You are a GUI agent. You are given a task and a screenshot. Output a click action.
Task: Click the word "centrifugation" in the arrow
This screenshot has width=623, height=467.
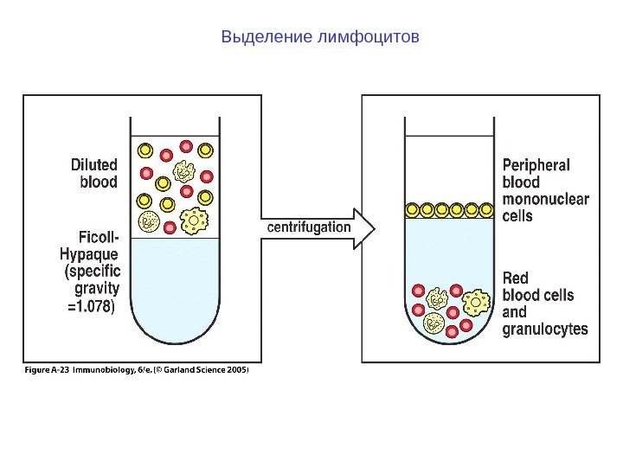pos(309,227)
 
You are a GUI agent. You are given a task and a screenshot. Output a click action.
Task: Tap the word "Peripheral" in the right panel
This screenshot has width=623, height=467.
pos(536,165)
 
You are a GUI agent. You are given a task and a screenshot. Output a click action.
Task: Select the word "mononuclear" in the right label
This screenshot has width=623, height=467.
pos(546,200)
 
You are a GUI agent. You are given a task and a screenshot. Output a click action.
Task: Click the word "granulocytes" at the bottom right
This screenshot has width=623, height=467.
pos(545,329)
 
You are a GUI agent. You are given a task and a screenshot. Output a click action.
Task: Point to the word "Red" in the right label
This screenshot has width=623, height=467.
pos(516,278)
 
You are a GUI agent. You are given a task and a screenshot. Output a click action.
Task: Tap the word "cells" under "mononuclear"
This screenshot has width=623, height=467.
pos(518,216)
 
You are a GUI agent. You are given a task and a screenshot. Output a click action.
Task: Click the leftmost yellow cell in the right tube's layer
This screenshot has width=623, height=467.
pos(413,209)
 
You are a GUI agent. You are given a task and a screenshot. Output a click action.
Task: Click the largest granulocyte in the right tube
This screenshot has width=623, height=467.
pos(477,303)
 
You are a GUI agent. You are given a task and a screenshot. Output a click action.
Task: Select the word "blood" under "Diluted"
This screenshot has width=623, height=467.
pos(99,182)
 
